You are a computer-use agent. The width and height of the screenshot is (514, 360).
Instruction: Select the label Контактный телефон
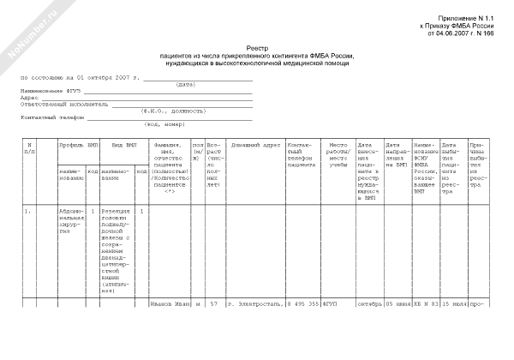[45, 117]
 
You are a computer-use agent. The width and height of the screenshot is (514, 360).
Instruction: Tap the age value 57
[214, 303]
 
